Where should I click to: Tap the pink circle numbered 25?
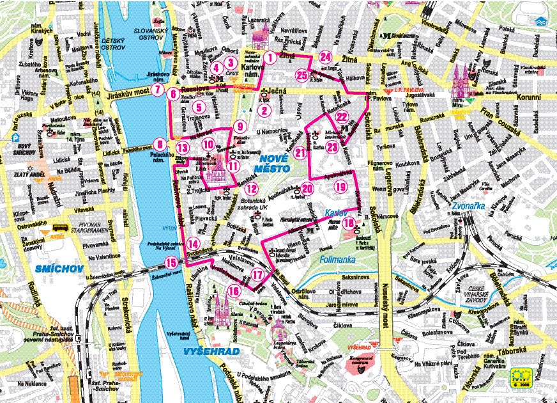point(302,74)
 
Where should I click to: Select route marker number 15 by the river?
point(171,262)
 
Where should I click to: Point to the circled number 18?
point(349,223)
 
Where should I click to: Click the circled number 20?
point(307,188)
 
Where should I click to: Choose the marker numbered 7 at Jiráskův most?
point(156,89)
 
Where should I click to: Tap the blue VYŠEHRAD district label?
point(211,352)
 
